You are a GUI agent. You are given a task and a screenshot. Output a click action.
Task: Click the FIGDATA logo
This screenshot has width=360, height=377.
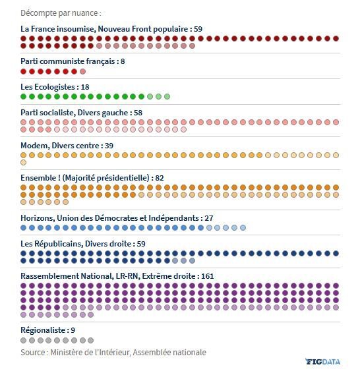pyautogui.click(x=322, y=362)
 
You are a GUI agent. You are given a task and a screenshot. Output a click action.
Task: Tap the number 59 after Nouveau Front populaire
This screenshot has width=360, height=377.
pyautogui.click(x=198, y=29)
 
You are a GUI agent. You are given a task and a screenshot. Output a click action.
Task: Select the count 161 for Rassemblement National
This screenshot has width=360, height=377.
pyautogui.click(x=207, y=276)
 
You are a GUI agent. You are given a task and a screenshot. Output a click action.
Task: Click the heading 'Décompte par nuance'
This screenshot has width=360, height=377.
pyautogui.click(x=59, y=13)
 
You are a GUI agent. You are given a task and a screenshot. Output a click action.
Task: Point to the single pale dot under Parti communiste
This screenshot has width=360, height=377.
pyautogui.click(x=82, y=71)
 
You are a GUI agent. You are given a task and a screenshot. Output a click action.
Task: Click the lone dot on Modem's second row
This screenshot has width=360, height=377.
pyautogui.click(x=23, y=163)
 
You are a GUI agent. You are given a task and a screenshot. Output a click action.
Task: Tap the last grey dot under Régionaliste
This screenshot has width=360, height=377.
pyautogui.click(x=91, y=341)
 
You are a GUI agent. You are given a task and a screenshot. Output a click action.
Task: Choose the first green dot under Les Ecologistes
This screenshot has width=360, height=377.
pyautogui.click(x=23, y=97)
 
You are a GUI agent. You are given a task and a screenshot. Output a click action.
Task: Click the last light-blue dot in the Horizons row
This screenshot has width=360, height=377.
pyautogui.click(x=243, y=227)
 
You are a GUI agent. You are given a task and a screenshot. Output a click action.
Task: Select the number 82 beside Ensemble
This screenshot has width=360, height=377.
pyautogui.click(x=160, y=178)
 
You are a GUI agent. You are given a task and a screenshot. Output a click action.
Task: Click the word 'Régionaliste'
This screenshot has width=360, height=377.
pyautogui.click(x=43, y=330)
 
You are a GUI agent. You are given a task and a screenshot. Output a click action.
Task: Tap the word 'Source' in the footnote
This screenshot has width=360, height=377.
pyautogui.click(x=33, y=353)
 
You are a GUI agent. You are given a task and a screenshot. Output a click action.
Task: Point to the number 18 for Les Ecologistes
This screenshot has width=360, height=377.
pyautogui.click(x=85, y=87)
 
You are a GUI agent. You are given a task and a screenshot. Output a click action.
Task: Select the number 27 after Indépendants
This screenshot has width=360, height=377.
pyautogui.click(x=209, y=218)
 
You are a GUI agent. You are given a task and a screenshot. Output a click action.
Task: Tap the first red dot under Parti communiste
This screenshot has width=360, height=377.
pyautogui.click(x=23, y=71)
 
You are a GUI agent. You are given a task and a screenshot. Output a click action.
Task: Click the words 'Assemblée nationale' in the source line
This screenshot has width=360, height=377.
pyautogui.click(x=169, y=353)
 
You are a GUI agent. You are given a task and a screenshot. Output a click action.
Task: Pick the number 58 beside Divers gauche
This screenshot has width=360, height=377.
pyautogui.click(x=138, y=113)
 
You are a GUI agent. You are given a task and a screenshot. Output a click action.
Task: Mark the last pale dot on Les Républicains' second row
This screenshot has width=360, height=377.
pyautogui.click(x=192, y=260)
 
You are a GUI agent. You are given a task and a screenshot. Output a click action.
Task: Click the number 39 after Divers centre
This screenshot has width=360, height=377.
pyautogui.click(x=109, y=146)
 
